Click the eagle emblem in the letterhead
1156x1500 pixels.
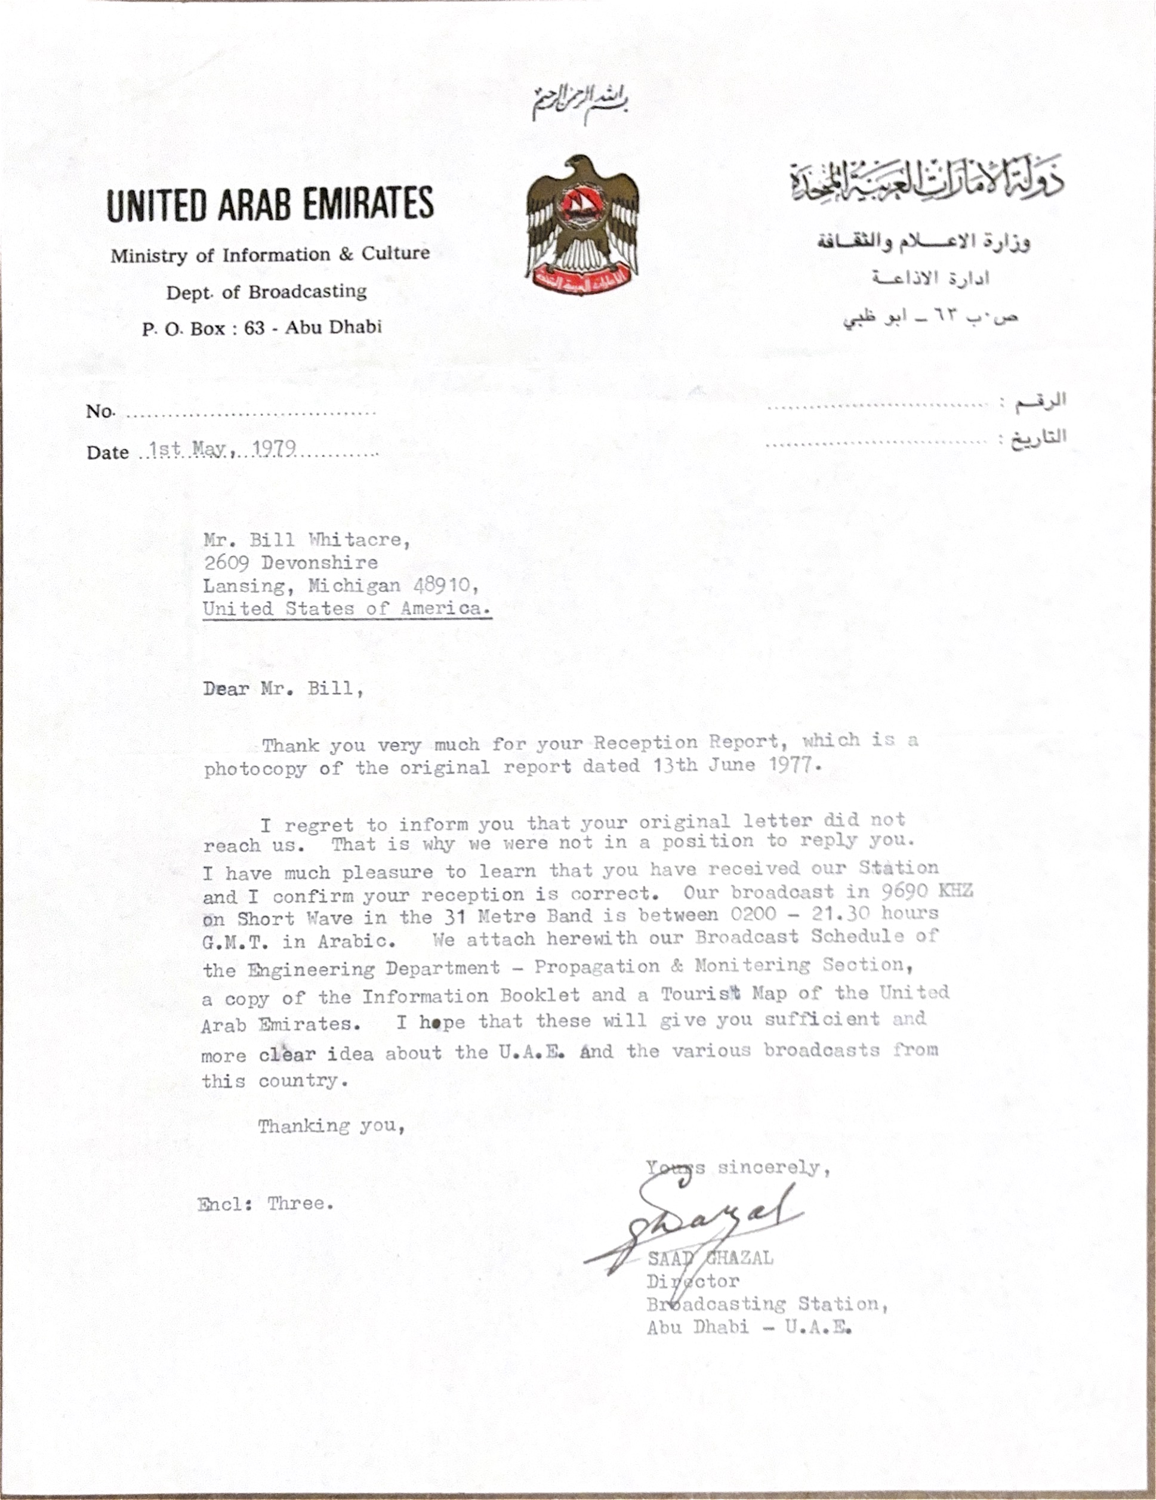[x=582, y=226]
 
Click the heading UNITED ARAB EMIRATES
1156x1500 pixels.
[x=270, y=204]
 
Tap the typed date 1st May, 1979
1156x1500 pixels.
[x=223, y=449]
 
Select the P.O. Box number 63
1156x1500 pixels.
[x=254, y=328]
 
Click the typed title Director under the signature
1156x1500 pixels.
[x=692, y=1281]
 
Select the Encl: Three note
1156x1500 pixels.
[x=265, y=1203]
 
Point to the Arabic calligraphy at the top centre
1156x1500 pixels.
[x=581, y=103]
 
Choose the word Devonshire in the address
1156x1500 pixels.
[x=319, y=563]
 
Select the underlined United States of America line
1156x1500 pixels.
[x=346, y=609]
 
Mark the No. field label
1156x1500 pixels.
[x=100, y=412]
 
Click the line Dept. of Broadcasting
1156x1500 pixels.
[x=267, y=292]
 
